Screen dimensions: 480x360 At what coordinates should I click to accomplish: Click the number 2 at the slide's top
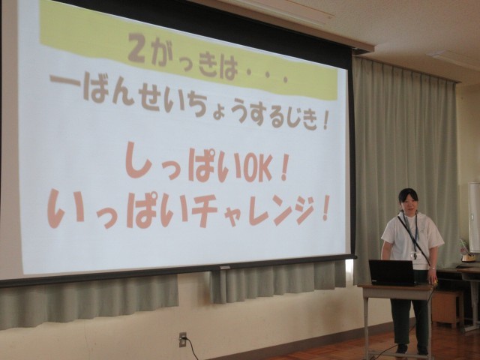coord(136,48)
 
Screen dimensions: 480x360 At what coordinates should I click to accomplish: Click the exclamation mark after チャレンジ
coord(325,208)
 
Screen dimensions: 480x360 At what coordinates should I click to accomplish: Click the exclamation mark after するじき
coord(325,120)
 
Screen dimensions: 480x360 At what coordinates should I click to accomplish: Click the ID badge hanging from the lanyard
coord(414,255)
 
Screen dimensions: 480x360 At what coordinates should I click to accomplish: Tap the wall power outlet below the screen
coord(183,340)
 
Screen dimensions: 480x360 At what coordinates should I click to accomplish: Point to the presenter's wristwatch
coord(432,268)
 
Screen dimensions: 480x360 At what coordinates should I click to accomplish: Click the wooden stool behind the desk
coord(448,308)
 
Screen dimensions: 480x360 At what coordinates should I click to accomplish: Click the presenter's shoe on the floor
coord(401,349)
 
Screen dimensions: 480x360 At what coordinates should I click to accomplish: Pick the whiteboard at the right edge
coord(474,217)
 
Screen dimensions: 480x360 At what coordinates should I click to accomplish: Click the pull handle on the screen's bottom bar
coord(223,267)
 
